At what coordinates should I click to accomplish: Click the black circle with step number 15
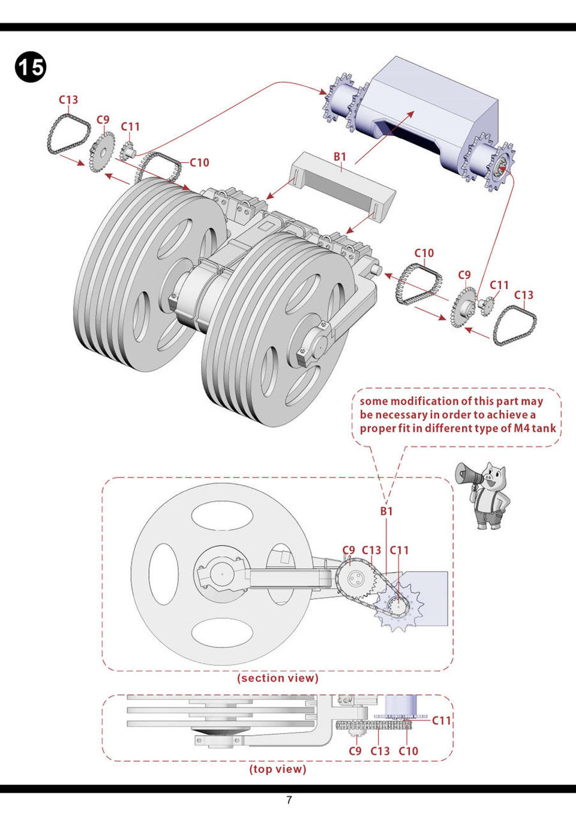point(30,67)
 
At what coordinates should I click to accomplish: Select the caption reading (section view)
point(278,678)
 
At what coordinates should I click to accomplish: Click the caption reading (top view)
point(278,769)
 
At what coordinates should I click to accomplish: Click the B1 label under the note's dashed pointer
point(386,511)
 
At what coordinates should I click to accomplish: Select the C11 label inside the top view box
point(441,720)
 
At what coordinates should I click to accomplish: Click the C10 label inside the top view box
point(408,751)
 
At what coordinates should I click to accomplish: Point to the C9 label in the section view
point(349,550)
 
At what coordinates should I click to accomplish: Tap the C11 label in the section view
point(399,550)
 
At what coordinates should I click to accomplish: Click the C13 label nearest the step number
point(68,100)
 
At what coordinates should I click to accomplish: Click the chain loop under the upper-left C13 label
point(61,135)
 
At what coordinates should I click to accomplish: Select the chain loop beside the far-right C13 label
point(514,326)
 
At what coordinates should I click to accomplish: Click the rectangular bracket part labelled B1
point(343,179)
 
